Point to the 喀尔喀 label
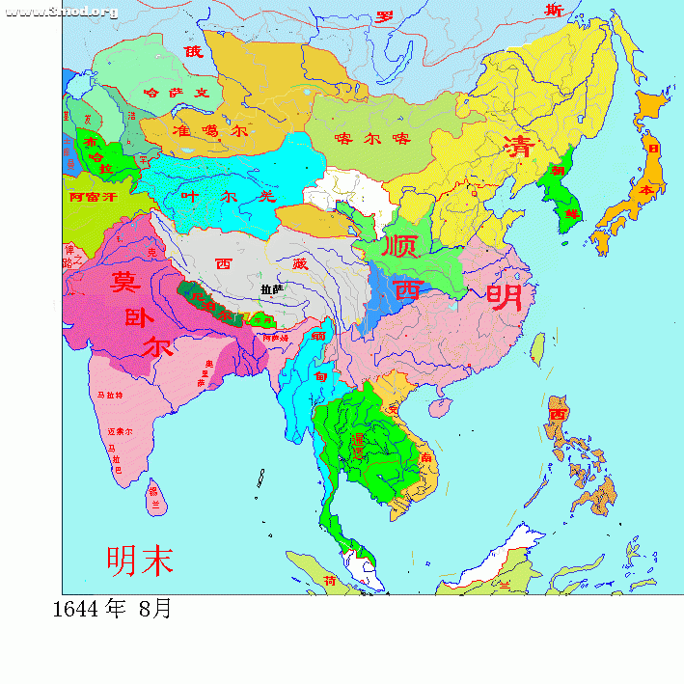point(372,139)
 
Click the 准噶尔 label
point(209,130)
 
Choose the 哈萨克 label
point(176,94)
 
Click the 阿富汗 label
point(93,197)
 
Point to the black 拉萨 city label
point(271,288)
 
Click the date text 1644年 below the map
point(90,610)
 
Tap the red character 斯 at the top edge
point(553,11)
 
